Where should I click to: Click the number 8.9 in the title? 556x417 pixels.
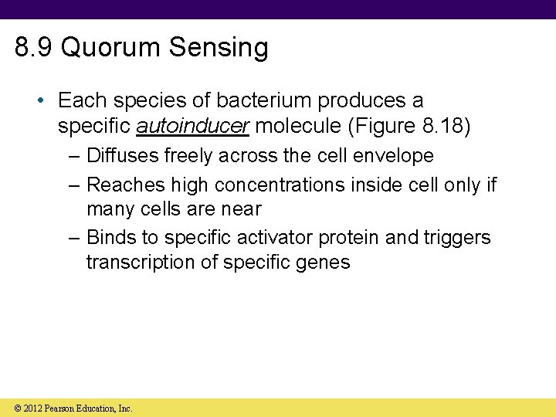[x=34, y=48]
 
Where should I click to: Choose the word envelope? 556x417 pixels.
[x=393, y=156]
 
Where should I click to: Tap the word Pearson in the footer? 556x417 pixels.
[x=62, y=408]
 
